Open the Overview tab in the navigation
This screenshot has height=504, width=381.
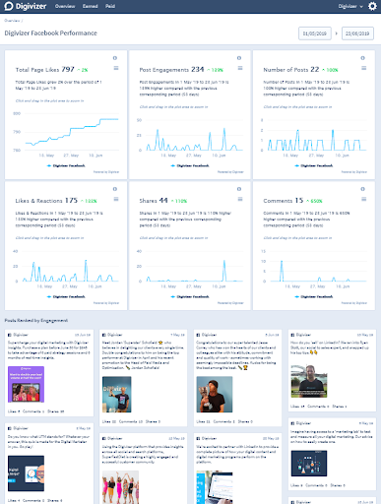(x=66, y=6)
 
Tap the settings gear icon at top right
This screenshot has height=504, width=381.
(x=371, y=7)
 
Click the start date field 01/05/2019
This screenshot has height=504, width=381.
(x=313, y=35)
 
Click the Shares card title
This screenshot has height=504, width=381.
(x=154, y=200)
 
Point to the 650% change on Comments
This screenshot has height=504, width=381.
(x=322, y=200)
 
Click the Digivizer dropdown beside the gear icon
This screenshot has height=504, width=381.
(x=344, y=7)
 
